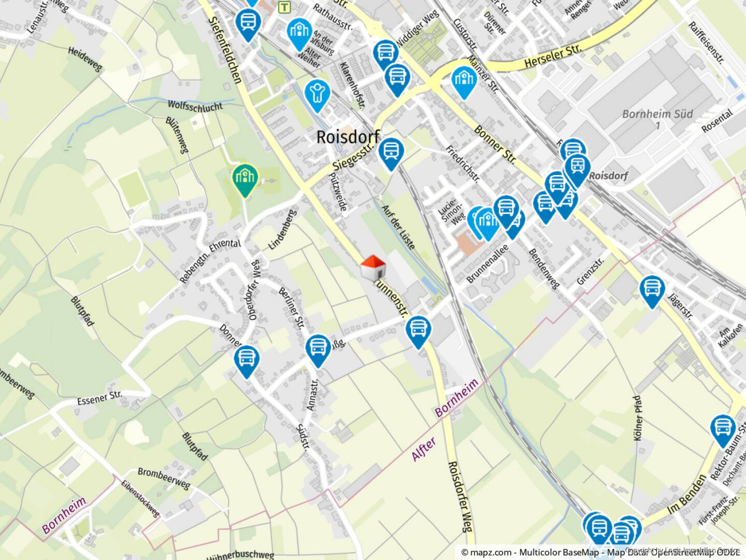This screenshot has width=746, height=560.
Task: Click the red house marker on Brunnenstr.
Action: pos(373,268)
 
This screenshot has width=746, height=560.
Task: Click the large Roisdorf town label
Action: pos(348,137)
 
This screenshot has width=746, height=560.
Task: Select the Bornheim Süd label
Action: pos(657,114)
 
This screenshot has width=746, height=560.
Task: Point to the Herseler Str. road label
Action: pos(552,56)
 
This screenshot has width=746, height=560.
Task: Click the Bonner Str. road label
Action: pos(495,145)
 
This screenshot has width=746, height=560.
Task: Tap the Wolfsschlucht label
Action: pos(195,106)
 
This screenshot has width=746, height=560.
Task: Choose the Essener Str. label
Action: pos(99,398)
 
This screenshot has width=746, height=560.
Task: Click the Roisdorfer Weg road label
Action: pos(460,496)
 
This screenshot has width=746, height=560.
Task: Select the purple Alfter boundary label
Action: pos(424,449)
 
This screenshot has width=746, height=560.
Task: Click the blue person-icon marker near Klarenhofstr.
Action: pos(317,95)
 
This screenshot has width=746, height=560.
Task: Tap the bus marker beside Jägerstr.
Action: pos(652,290)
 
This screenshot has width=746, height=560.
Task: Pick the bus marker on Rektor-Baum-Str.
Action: pos(723,429)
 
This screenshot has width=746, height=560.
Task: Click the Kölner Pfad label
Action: pos(638,418)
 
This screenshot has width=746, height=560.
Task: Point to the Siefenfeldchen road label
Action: pos(225,49)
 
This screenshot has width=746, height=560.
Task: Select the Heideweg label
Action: pos(85,59)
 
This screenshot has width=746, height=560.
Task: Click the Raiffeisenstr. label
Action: pos(706,43)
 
